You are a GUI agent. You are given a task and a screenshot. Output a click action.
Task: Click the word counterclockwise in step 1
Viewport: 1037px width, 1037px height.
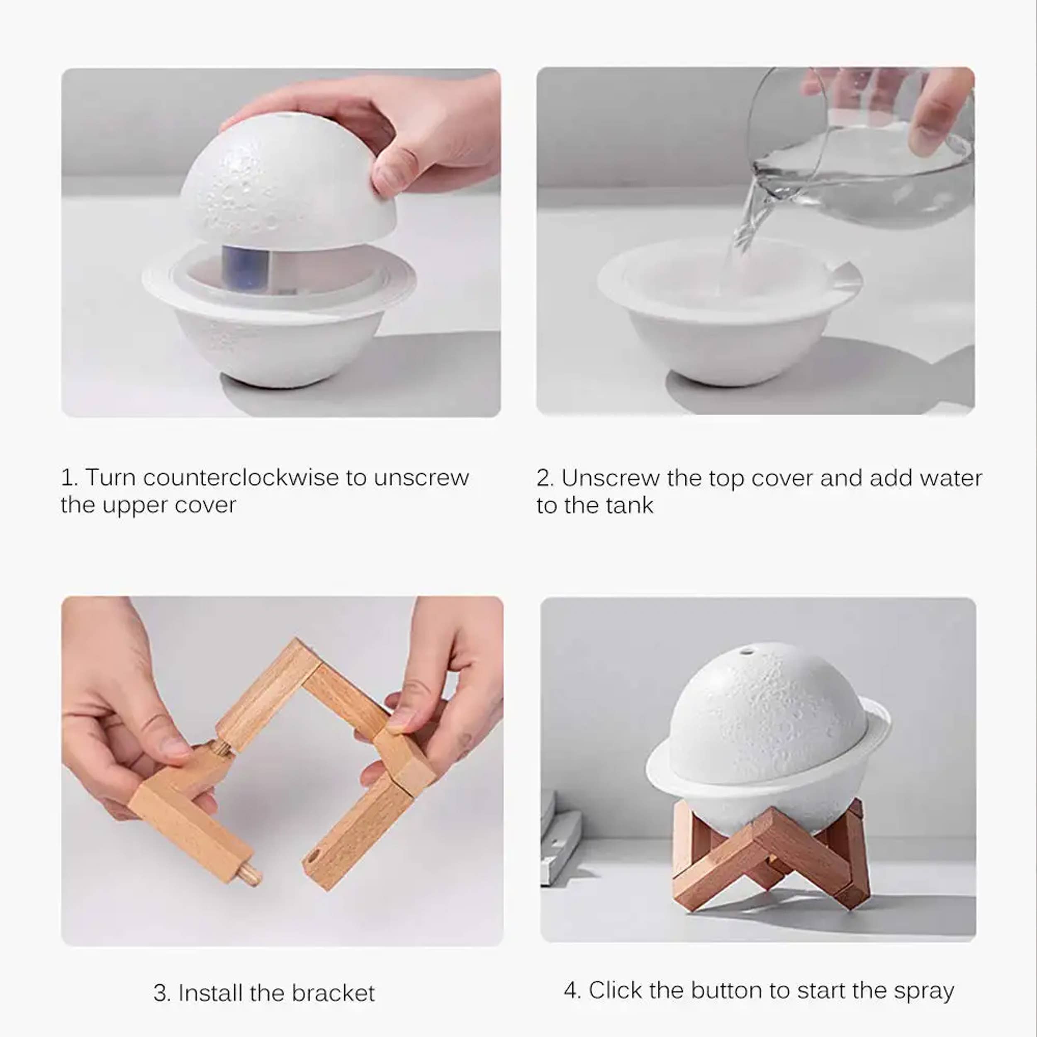click(x=241, y=477)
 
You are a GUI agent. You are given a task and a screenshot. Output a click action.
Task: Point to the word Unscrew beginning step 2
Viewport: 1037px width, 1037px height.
click(x=610, y=478)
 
